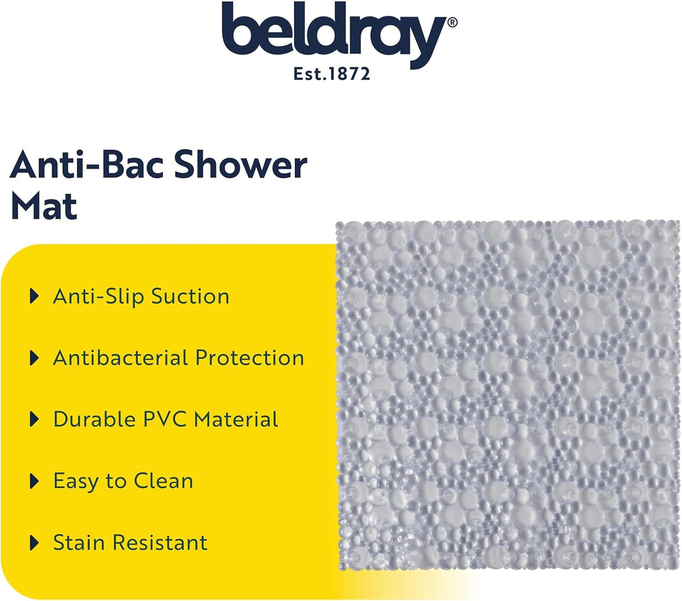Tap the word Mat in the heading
(x=44, y=206)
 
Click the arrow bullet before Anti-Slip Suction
(x=34, y=297)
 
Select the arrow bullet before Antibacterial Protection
(x=34, y=358)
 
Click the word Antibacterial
(x=121, y=358)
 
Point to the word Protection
(x=249, y=358)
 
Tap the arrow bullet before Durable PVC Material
(x=34, y=419)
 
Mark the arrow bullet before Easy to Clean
(x=34, y=481)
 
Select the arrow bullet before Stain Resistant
(x=34, y=542)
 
